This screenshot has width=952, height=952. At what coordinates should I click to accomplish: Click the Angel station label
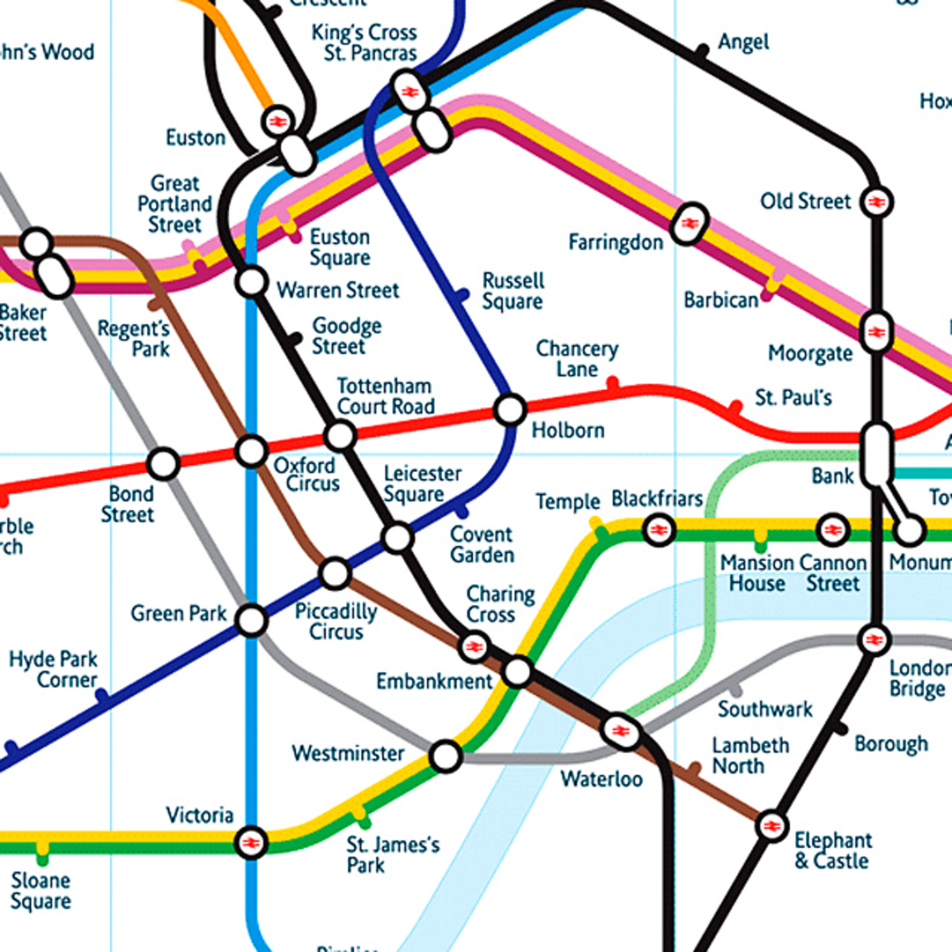point(743,42)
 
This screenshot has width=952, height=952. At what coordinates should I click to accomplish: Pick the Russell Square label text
point(512,291)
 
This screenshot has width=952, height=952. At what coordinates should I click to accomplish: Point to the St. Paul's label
point(793,398)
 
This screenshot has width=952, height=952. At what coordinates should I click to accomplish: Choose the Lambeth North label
point(750,756)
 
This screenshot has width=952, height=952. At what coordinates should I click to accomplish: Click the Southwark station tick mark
point(736,690)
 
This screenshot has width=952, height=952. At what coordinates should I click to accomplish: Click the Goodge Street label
point(346,336)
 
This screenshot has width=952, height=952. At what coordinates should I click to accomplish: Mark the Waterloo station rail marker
point(621,732)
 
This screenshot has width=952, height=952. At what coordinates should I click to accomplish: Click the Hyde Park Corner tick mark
point(102,696)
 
